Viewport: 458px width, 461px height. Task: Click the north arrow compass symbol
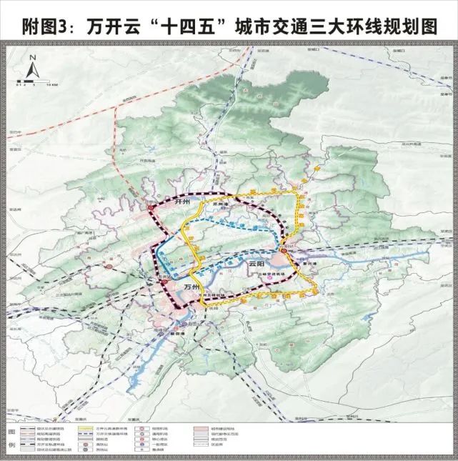pyautogui.click(x=31, y=69)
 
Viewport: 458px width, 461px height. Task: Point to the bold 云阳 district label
pyautogui.click(x=257, y=264)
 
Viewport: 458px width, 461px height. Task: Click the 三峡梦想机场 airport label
pyautogui.click(x=277, y=273)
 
